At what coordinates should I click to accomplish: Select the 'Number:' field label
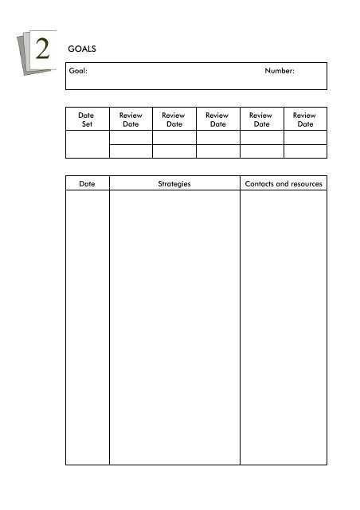coord(280,72)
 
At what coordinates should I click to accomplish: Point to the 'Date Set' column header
coord(87,120)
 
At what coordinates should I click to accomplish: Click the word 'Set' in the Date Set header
coord(87,124)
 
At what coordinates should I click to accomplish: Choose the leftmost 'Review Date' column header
coord(130,120)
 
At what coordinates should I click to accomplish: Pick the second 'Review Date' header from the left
coord(174,120)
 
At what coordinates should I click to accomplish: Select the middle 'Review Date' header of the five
coord(217,120)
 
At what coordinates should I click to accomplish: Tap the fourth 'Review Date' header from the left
coord(261,120)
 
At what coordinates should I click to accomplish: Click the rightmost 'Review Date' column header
coord(305,120)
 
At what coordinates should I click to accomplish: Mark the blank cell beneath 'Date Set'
coord(87,144)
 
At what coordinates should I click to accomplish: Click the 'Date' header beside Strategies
coord(87,184)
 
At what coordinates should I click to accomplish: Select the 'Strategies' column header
coord(174,184)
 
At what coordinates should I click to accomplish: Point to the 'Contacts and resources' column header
coord(284,184)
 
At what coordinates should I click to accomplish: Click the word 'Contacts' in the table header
coord(260,184)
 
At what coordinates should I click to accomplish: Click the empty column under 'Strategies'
coord(174,327)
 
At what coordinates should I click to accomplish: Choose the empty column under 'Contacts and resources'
coord(284,327)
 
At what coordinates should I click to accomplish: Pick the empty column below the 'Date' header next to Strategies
coord(87,327)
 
